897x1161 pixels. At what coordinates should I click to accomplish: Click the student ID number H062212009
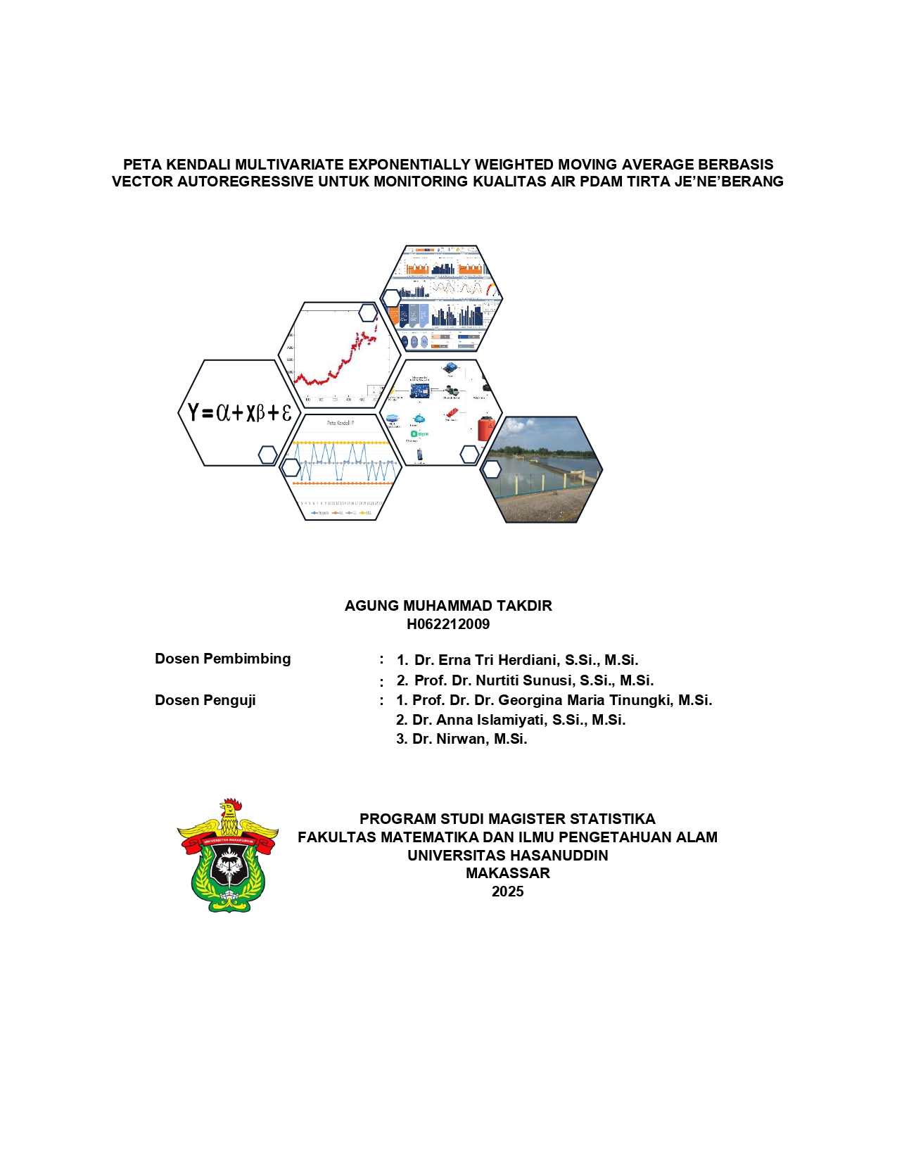(x=448, y=624)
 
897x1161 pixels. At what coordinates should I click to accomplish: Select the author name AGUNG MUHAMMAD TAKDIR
(x=448, y=606)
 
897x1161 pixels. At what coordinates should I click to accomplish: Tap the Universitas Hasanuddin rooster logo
(x=227, y=856)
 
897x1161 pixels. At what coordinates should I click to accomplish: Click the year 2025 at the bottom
(x=507, y=892)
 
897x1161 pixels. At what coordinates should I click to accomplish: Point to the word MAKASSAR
(x=507, y=873)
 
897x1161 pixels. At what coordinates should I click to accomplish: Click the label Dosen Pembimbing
(x=222, y=659)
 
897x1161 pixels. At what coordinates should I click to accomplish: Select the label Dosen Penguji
(x=205, y=700)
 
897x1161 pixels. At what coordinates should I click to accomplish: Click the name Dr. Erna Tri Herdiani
(x=526, y=660)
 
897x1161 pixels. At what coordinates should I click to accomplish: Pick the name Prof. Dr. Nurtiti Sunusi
(x=533, y=680)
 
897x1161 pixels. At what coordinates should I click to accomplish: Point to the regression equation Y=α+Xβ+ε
(x=239, y=412)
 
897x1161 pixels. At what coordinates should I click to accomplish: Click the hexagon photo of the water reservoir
(x=542, y=469)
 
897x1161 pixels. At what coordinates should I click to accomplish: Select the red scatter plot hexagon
(x=341, y=355)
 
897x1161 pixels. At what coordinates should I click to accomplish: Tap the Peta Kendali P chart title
(x=341, y=423)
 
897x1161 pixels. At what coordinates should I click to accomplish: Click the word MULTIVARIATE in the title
(x=289, y=165)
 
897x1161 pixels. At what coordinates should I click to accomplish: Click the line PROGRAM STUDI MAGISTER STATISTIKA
(x=507, y=819)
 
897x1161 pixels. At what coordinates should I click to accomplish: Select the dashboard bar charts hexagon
(x=441, y=298)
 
